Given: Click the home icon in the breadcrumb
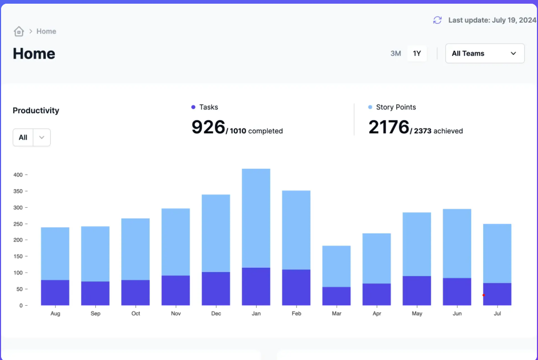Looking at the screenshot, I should tap(19, 32).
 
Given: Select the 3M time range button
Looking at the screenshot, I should tap(396, 53).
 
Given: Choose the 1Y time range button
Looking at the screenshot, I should tap(417, 53).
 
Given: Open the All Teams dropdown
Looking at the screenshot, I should tap(485, 53).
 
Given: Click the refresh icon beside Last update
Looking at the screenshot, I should tap(437, 20).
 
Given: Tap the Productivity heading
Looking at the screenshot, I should tap(36, 111).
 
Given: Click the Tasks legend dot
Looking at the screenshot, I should tap(193, 108).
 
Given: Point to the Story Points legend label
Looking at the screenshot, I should tap(396, 108).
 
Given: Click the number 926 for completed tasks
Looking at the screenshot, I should tap(208, 128).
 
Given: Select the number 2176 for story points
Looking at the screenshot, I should tap(389, 128).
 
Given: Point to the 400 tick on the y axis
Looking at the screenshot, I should tap(18, 175).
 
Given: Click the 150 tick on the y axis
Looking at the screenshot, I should tap(18, 257).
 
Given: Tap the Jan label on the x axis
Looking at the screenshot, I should tap(256, 314).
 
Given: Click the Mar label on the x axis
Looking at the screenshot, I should tap(337, 314).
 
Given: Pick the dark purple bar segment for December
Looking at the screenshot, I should tap(216, 288).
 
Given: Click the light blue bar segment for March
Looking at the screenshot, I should tap(337, 266).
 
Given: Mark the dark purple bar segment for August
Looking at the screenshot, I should tap(55, 293).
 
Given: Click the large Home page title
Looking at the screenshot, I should tap(34, 54).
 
